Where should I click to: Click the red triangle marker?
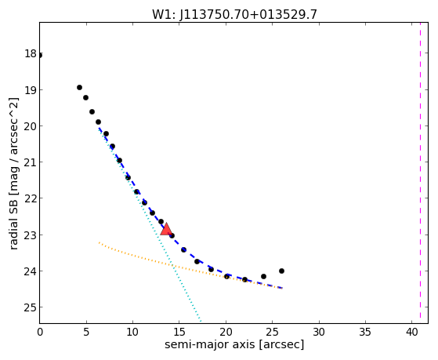point(166,229)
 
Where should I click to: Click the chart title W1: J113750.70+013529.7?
point(234,15)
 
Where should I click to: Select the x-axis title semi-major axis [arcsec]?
point(234,344)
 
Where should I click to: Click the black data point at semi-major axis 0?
point(40,56)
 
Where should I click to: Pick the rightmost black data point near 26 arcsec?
point(281,271)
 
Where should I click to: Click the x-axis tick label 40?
point(411,332)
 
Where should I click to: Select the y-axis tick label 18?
point(31,53)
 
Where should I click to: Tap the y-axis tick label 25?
point(31,307)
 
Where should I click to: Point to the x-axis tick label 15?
point(179,332)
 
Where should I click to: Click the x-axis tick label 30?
point(319,332)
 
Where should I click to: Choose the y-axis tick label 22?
point(31,198)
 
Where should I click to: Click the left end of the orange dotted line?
point(99,242)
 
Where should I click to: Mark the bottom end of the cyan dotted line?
point(201,321)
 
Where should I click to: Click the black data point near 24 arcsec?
point(263,276)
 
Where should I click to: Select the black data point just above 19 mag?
point(79,88)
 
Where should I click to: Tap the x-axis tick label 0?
point(40,332)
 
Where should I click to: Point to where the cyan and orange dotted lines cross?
point(173,265)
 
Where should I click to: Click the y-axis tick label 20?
point(31,126)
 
